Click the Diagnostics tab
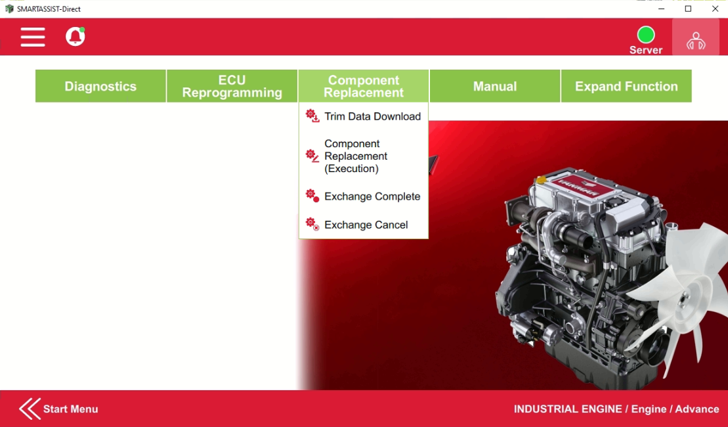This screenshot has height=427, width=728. [x=100, y=86]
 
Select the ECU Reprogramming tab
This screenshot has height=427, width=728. [x=232, y=86]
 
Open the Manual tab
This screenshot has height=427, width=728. [x=495, y=86]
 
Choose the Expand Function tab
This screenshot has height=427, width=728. [x=626, y=86]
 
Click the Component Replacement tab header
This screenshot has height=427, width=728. [x=364, y=86]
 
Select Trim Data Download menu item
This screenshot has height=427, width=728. [x=372, y=116]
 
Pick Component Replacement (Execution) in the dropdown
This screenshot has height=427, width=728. [x=356, y=156]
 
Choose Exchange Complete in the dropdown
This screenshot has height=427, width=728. [x=372, y=196]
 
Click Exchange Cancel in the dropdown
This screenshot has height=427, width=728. [x=366, y=225]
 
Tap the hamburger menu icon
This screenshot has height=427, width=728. [x=33, y=37]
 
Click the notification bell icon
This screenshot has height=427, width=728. [x=75, y=37]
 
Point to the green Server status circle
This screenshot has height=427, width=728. [x=646, y=34]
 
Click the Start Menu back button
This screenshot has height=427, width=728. [x=59, y=409]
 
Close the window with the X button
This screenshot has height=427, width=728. [x=715, y=9]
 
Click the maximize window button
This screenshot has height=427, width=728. [x=688, y=9]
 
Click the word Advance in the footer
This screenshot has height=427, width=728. [x=697, y=409]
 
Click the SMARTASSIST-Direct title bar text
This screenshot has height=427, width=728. [x=49, y=9]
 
